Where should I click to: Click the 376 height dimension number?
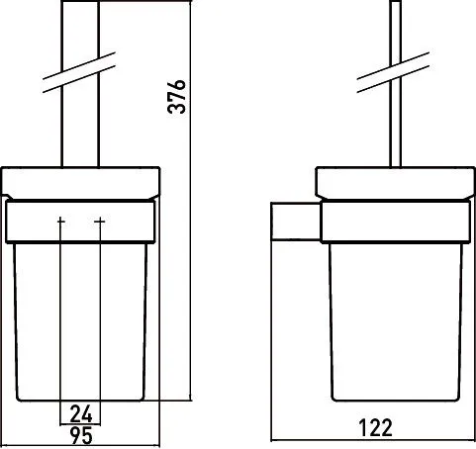tap(176, 97)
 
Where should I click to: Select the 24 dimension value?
tap(81, 414)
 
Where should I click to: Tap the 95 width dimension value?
tap(81, 435)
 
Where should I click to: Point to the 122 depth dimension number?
tap(375, 427)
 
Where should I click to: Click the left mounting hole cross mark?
tap(60, 221)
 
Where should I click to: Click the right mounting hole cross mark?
tap(100, 221)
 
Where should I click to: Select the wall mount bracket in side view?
tap(296, 222)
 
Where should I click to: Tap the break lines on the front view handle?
tap(79, 72)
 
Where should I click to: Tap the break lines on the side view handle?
tap(393, 72)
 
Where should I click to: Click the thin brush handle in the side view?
tap(396, 84)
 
